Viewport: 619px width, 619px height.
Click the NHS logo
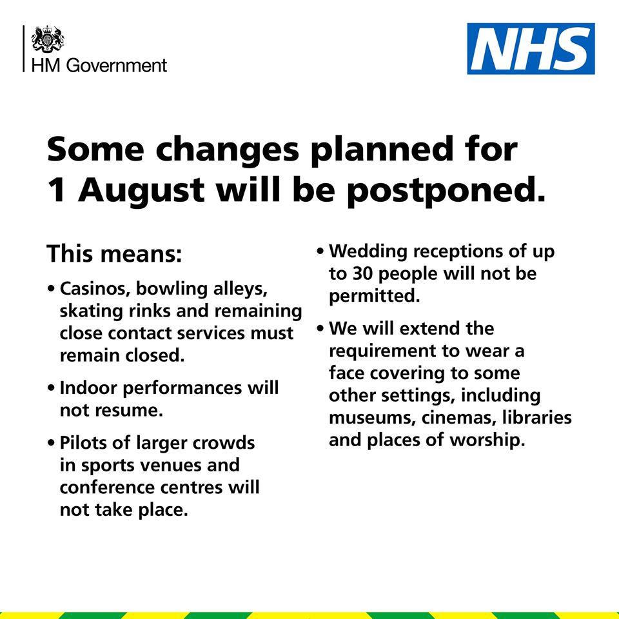531,48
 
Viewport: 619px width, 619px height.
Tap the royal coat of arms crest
48,39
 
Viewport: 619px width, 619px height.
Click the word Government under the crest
117,66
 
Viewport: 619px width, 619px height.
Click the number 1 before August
56,190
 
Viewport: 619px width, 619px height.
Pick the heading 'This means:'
115,253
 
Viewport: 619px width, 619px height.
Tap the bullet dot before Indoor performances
51,388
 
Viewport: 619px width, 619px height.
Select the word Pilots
83,442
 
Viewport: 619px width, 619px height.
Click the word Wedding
368,251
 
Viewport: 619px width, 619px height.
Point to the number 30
362,273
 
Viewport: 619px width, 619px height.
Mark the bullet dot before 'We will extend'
320,328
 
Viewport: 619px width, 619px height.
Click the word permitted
374,296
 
